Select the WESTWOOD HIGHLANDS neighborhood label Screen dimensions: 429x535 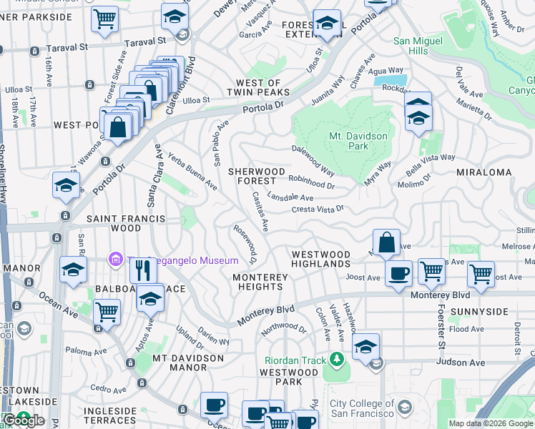(x=320, y=259)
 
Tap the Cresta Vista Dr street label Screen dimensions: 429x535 (x=318, y=209)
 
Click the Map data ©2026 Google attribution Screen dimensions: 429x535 (x=491, y=423)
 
